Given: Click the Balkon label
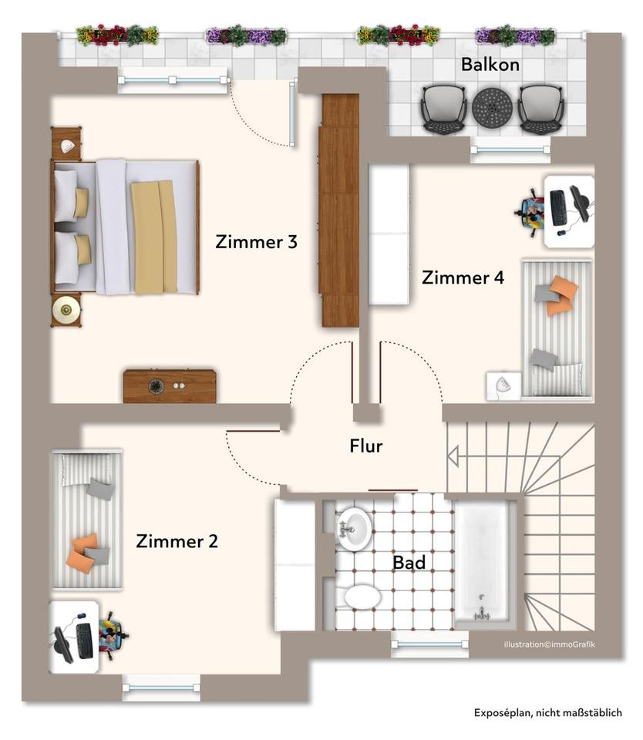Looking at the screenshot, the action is point(490,65).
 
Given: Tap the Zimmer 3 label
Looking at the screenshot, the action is point(256,241).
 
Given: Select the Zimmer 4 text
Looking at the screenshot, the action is point(463,277).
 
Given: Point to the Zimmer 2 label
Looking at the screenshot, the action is point(177,541).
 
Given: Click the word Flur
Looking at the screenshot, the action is point(366,446).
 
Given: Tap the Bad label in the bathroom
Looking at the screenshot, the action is point(409,563).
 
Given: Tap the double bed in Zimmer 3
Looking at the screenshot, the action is point(125,227).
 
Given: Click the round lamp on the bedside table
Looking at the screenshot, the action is point(66,310).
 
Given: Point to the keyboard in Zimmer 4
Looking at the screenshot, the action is point(558,207).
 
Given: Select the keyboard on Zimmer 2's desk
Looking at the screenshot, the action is point(85,641).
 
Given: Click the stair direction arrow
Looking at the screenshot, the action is point(453,457).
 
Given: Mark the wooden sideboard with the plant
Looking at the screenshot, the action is point(170,386).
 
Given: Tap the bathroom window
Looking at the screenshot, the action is point(430,644).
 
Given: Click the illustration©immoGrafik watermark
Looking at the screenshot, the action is point(550,644).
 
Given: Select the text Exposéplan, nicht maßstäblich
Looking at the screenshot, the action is point(548,712).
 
